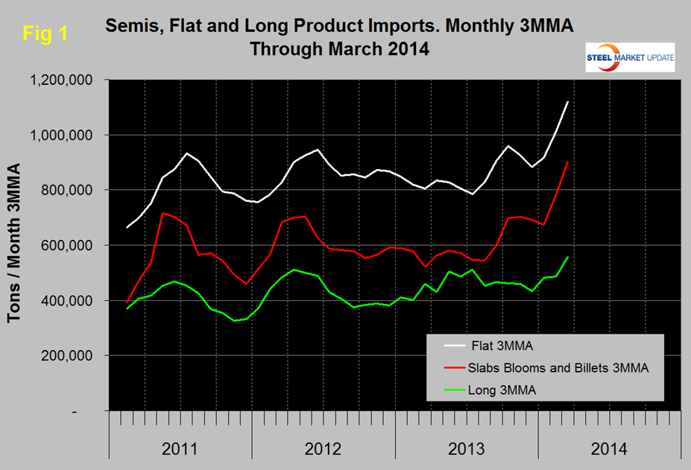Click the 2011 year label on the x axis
coord(180,449)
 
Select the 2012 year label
coord(323,449)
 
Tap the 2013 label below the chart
coord(466,449)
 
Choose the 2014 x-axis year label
coord(609,449)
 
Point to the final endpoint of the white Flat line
coord(569,101)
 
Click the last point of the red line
coord(569,162)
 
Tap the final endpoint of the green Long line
coord(569,257)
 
